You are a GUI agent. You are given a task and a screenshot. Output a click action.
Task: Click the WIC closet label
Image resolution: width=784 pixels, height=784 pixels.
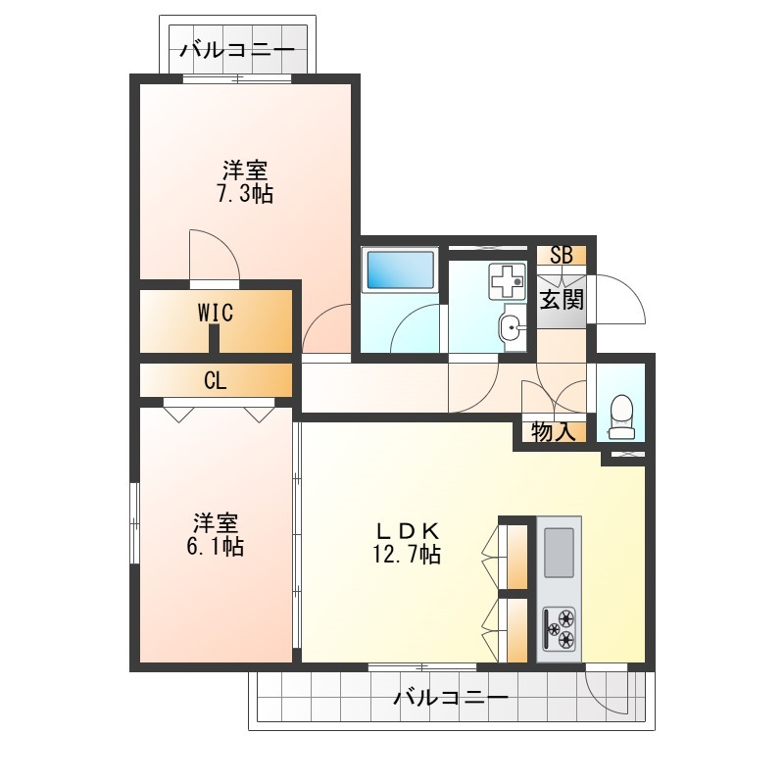(x=216, y=313)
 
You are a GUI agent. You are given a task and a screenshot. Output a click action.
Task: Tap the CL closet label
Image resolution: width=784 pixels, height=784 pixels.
(x=216, y=381)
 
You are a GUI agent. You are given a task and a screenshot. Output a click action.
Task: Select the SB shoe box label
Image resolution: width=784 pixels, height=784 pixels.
(x=561, y=255)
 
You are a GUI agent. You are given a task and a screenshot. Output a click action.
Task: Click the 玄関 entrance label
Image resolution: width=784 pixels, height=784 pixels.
(x=562, y=300)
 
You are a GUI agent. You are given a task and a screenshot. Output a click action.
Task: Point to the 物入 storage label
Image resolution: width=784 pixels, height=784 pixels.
(x=553, y=431)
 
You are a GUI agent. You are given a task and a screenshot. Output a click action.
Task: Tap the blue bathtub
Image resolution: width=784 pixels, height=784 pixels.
(x=401, y=270)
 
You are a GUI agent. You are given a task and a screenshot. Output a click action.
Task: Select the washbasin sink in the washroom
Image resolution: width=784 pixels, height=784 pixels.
(x=511, y=328)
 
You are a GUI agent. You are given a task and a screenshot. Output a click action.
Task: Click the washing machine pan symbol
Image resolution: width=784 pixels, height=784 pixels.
(x=508, y=281)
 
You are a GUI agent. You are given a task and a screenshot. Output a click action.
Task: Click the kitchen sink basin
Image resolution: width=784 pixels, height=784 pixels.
(x=559, y=553)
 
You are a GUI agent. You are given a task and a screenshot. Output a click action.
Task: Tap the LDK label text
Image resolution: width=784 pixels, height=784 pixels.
(x=408, y=529)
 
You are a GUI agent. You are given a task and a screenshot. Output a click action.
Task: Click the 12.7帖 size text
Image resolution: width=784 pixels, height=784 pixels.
(x=407, y=554)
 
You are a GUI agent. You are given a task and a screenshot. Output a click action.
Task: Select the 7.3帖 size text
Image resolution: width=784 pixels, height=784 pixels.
(x=245, y=193)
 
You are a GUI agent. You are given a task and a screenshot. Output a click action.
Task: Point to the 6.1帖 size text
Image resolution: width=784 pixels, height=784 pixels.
(x=216, y=547)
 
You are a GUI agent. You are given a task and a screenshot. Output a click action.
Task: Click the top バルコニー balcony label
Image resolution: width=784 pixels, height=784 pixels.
(x=237, y=51)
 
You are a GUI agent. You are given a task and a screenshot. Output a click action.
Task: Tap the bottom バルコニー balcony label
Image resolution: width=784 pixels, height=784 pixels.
(x=451, y=697)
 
